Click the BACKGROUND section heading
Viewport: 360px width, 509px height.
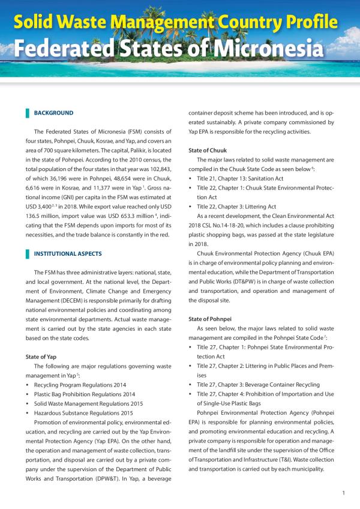click(x=53, y=113)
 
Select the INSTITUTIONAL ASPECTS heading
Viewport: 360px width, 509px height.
click(x=67, y=254)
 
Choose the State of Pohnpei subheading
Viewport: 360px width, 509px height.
click(x=212, y=319)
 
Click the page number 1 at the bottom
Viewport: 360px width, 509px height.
click(x=343, y=493)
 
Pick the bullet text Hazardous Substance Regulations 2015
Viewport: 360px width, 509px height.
click(x=85, y=413)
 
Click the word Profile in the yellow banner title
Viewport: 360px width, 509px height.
click(x=304, y=22)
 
